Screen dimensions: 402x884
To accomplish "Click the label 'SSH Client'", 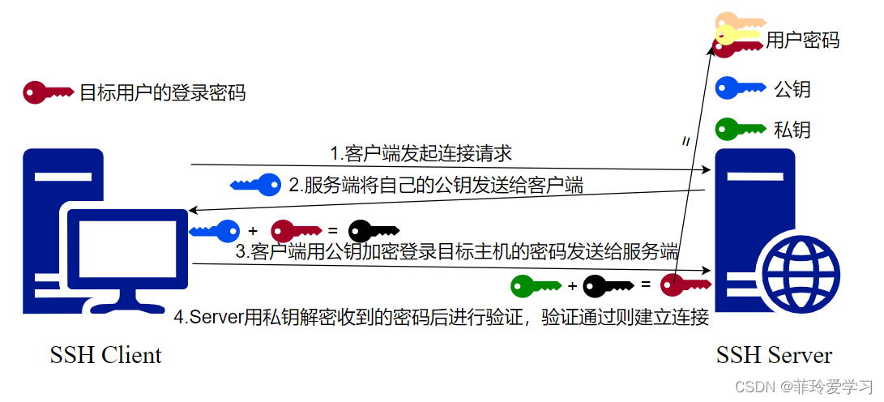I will pos(105,355).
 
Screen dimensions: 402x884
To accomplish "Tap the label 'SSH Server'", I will pos(774,355).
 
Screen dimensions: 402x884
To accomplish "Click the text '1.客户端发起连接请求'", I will pos(421,153).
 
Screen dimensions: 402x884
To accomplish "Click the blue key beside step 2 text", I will pos(255,185).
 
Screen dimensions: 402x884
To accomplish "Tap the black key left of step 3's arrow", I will pos(374,231).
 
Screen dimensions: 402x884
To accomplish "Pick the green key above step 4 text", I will pos(536,284).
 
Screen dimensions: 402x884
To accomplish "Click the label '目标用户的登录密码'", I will pos(162,92).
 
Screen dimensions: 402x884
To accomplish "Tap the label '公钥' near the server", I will pos(792,88).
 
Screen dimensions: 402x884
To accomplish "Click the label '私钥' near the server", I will pos(792,130).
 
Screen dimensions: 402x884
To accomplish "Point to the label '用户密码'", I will pos(802,41).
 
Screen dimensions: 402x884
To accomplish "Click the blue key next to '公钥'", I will pos(740,88).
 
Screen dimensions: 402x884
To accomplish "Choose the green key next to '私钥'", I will pos(740,128).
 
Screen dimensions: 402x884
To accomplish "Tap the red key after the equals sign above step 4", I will pos(685,284).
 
